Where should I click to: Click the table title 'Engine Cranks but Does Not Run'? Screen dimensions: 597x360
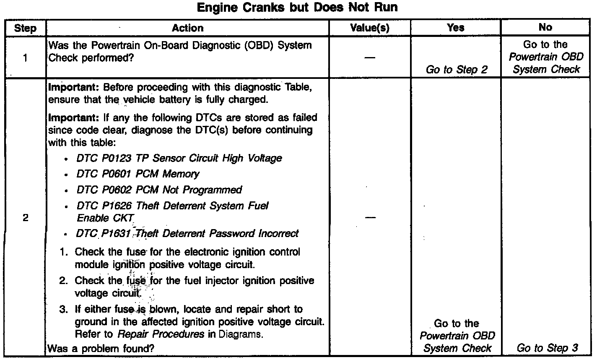(297, 8)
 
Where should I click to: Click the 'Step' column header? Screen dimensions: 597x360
(25, 29)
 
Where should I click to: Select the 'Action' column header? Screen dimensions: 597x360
(187, 28)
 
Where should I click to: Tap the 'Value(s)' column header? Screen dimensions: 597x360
(370, 28)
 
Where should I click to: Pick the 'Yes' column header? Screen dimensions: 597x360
(455, 28)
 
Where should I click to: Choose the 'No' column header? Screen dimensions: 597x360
(545, 27)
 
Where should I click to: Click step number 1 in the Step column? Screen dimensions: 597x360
(26, 58)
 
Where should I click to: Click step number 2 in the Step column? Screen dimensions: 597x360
(26, 218)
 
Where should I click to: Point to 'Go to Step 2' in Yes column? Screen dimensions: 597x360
(457, 70)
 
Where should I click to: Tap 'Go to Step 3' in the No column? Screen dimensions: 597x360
(547, 348)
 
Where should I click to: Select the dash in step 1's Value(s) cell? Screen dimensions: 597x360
(370, 57)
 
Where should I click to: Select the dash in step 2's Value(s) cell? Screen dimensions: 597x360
(370, 218)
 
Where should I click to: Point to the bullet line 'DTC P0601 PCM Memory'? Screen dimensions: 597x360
(138, 174)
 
